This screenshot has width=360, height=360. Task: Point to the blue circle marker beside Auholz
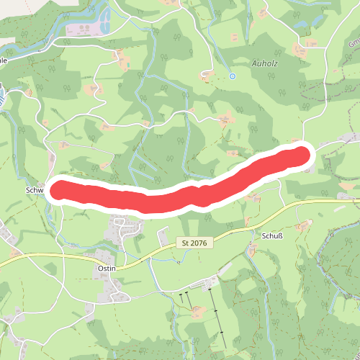233,76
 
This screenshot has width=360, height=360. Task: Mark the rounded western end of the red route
59,190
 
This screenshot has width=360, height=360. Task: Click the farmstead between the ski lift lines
196,311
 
